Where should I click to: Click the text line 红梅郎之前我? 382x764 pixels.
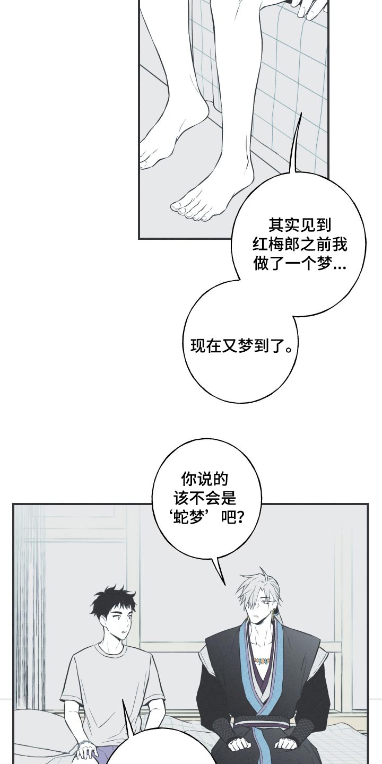pyautogui.click(x=299, y=245)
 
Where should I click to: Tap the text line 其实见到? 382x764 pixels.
pyautogui.click(x=299, y=225)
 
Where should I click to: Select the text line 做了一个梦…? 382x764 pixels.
pyautogui.click(x=299, y=264)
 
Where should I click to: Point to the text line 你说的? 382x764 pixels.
pyautogui.click(x=204, y=480)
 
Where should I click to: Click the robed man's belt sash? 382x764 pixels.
pyautogui.click(x=261, y=721)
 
